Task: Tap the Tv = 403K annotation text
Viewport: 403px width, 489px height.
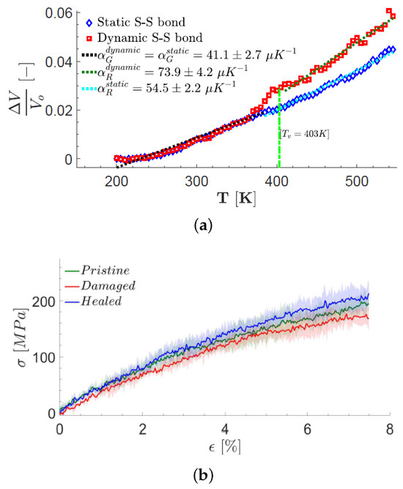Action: (x=304, y=134)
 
